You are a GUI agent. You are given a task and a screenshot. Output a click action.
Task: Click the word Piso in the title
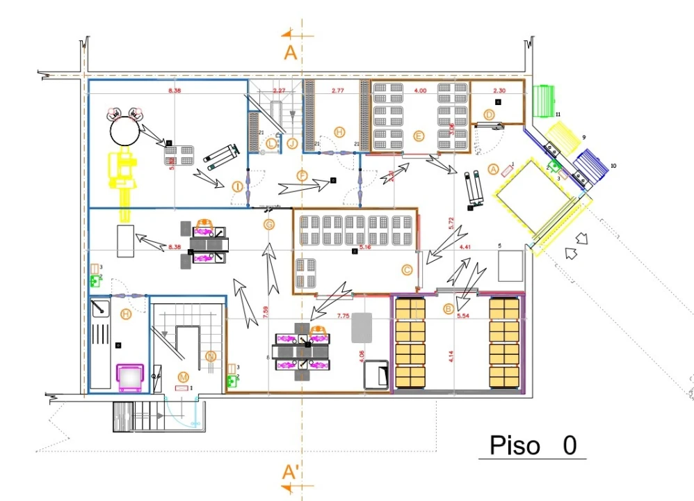pos(515,445)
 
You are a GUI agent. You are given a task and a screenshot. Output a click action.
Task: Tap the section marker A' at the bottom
pos(292,472)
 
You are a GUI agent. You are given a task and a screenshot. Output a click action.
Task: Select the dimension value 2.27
pos(280,91)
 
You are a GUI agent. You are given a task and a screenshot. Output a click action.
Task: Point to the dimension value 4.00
pos(421,91)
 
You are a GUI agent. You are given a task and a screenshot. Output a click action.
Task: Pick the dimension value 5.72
pos(451,223)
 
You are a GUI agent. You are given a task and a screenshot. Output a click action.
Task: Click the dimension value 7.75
pos(344,316)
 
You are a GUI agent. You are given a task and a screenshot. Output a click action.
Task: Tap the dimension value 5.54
pos(465,316)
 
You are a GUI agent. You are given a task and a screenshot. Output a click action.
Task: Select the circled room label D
pos(490,114)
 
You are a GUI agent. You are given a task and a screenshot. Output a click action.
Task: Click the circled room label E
pos(418,136)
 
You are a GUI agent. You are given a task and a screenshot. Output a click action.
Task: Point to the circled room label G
pos(269,224)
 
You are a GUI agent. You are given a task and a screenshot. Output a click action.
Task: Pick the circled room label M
pos(184,376)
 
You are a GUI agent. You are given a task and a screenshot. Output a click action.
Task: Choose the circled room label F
pos(302,176)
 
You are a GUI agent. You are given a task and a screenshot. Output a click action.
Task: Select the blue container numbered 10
pos(592,164)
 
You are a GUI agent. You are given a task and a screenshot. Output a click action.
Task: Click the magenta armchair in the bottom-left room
pos(129,376)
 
